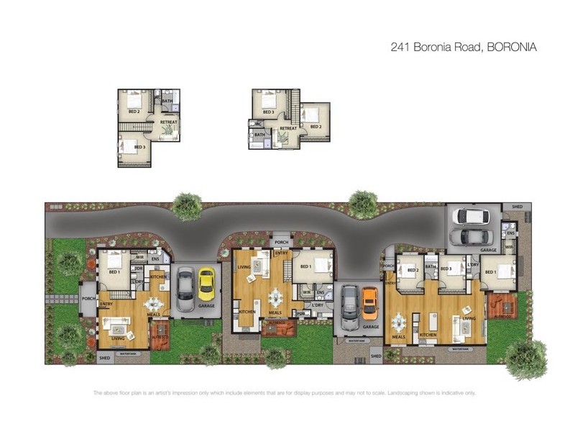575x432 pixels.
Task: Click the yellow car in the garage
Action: (x=207, y=284)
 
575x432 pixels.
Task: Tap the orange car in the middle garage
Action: (x=369, y=303)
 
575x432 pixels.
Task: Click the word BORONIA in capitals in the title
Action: (x=512, y=48)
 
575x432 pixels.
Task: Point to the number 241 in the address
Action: (x=400, y=48)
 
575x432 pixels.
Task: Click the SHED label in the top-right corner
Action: (x=517, y=207)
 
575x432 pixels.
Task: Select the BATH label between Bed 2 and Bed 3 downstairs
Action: (x=431, y=266)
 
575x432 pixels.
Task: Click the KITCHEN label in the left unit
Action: (x=158, y=276)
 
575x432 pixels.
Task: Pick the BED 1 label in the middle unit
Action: (x=305, y=266)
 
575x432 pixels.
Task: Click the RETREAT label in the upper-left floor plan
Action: (x=168, y=122)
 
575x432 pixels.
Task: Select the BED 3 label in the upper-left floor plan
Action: (x=139, y=147)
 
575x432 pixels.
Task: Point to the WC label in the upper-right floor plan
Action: (x=257, y=124)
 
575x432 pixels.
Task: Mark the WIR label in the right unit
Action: (x=508, y=248)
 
